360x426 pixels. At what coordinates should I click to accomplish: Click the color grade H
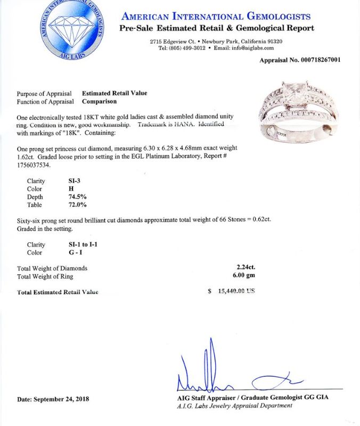63,189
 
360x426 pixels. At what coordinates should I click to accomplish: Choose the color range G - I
68,252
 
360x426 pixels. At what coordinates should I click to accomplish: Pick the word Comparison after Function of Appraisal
99,101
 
